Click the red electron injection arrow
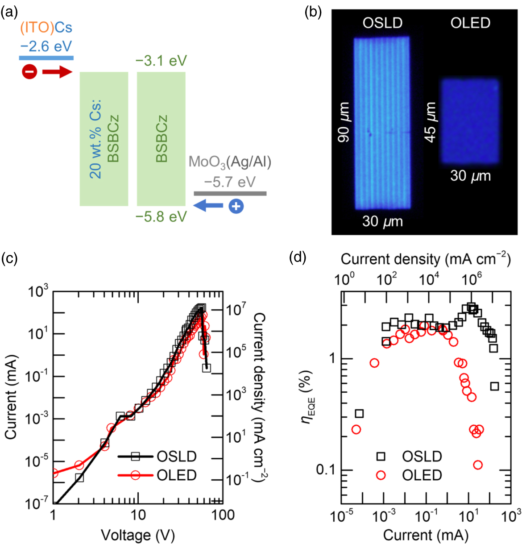point(57,71)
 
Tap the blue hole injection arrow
point(209,206)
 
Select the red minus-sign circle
point(29,71)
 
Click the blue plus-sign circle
point(236,206)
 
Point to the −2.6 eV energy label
point(46,46)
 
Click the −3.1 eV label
point(161,61)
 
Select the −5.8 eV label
point(161,217)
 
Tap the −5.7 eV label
point(230,182)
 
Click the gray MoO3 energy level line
point(230,194)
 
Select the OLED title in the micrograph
point(470,23)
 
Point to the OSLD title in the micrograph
point(382,23)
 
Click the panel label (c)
point(9,257)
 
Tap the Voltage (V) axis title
point(138,535)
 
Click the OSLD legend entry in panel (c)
point(176,456)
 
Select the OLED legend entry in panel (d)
point(422,475)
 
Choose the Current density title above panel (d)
point(426,259)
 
